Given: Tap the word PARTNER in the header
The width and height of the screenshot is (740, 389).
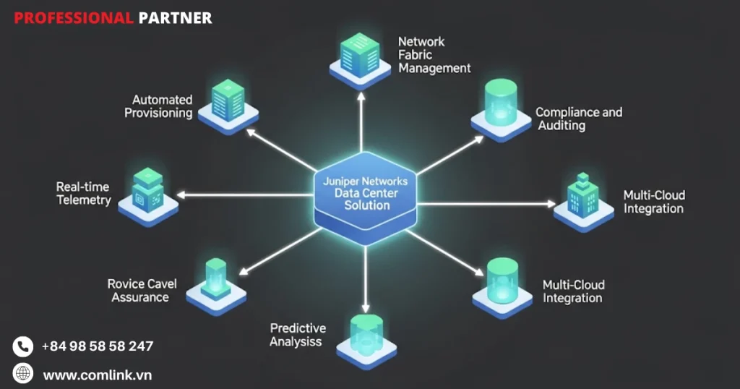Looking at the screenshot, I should click(175, 18).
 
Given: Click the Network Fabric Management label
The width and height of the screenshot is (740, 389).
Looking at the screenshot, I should click(434, 55).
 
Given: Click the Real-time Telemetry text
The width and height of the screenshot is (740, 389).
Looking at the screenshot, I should click(84, 193).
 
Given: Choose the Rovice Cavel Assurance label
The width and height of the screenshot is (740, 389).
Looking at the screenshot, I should click(141, 291).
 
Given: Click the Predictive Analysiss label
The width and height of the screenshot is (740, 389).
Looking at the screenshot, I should click(297, 335).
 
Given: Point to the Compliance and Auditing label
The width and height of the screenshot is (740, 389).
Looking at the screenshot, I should click(578, 119).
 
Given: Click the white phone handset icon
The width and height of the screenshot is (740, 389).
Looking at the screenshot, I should click(23, 346).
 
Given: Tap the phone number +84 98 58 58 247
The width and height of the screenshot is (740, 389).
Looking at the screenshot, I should click(97, 346).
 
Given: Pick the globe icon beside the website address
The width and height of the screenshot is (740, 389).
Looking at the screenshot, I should click(23, 373).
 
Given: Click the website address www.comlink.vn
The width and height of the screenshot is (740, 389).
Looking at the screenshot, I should click(97, 375).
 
